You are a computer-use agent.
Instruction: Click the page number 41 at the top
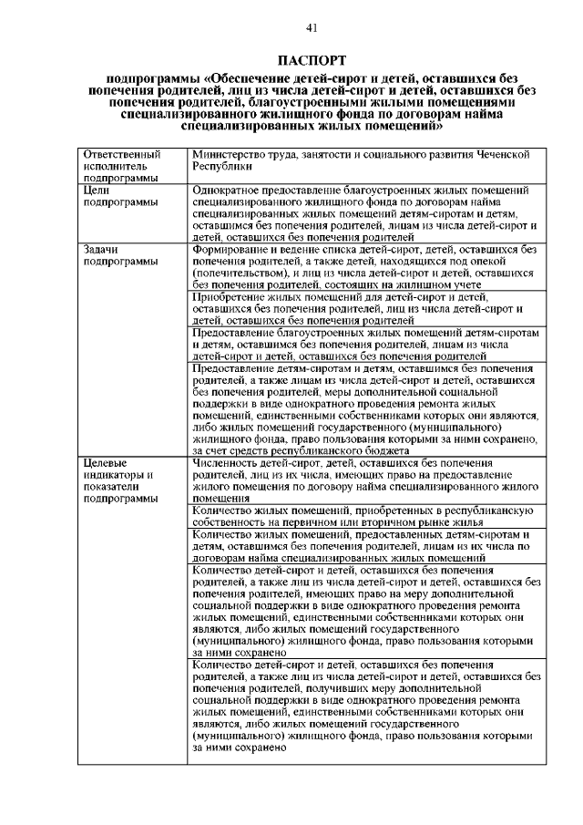pyautogui.click(x=312, y=28)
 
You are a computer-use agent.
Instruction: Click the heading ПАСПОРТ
pyautogui.click(x=312, y=61)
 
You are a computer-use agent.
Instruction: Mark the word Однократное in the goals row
pyautogui.click(x=229, y=190)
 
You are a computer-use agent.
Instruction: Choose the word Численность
pyautogui.click(x=227, y=462)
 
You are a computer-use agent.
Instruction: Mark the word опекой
pyautogui.click(x=516, y=261)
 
